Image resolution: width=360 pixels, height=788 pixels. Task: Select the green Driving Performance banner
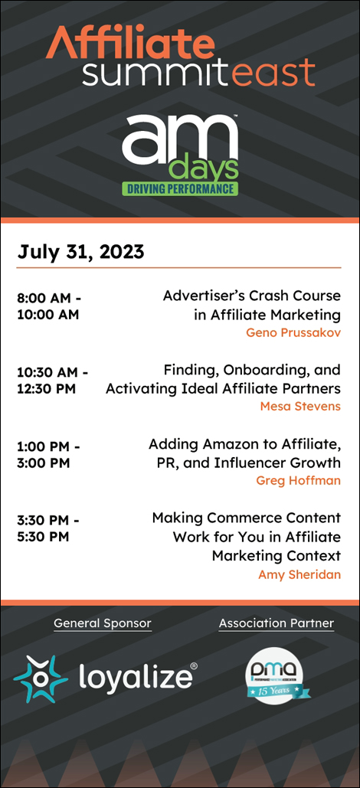coord(180,188)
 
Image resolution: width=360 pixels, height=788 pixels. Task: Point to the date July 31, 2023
coord(80,252)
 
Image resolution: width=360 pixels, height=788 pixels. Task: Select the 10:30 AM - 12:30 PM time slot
coord(52,381)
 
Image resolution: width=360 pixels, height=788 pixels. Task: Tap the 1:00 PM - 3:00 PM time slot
coord(48,454)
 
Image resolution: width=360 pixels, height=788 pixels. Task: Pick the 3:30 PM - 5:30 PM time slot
coord(48,528)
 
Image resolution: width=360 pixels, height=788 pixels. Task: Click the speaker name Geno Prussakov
coord(293,332)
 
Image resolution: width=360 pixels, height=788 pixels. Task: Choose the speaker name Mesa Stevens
coord(300,406)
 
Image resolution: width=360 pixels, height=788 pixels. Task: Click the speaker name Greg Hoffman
coord(298,480)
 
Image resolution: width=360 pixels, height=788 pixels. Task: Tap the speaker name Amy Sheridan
coord(299,574)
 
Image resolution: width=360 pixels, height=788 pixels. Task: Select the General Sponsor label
coord(103,623)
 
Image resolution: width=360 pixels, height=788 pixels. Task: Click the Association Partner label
coord(277,623)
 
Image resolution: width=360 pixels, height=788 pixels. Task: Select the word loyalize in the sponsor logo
coord(135,677)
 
